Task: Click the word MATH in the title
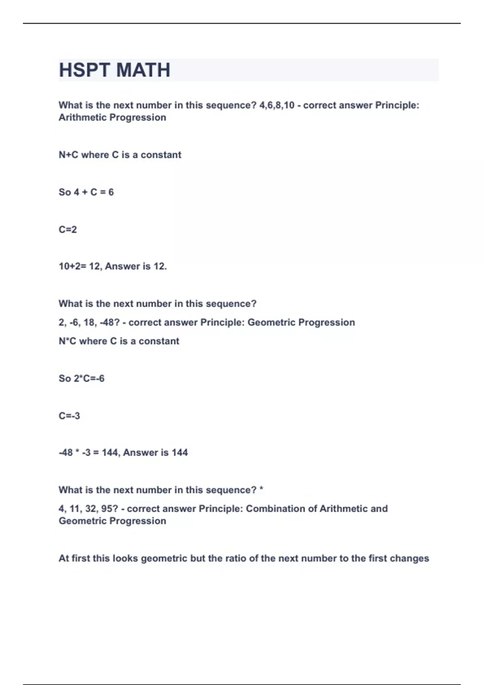(x=143, y=70)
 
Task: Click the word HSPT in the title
(x=84, y=70)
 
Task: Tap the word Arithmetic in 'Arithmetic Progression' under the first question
(x=83, y=117)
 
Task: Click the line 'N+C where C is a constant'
(x=120, y=155)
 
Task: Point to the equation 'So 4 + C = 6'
(x=86, y=192)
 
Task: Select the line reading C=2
(x=68, y=229)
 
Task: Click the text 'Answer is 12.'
(x=136, y=266)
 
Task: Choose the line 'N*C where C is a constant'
(x=119, y=341)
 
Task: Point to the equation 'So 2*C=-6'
(x=81, y=378)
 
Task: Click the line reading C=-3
(x=69, y=415)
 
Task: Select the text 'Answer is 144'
(x=155, y=453)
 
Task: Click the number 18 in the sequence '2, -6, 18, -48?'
(x=89, y=322)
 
